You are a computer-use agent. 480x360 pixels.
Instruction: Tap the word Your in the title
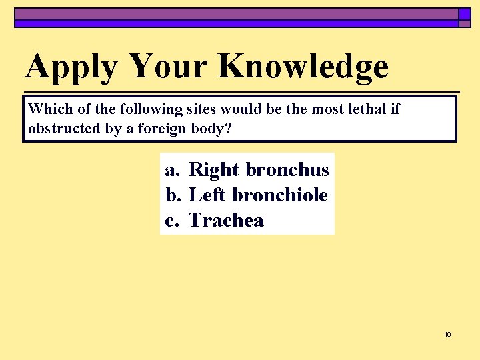[x=169, y=66]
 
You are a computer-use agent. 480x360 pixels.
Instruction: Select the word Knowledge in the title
[x=303, y=67]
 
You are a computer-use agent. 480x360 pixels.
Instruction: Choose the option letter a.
[x=173, y=170]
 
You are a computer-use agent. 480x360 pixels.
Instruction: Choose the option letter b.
[x=173, y=195]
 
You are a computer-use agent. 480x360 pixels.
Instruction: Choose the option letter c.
[x=173, y=221]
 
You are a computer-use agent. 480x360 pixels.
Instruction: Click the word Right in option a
[x=214, y=171]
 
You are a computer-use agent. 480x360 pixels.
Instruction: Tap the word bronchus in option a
[x=287, y=170]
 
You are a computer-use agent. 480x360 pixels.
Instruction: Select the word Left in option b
[x=207, y=195]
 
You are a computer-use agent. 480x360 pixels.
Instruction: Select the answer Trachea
[x=227, y=221]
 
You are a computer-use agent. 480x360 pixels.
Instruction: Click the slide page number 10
[x=447, y=334]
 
